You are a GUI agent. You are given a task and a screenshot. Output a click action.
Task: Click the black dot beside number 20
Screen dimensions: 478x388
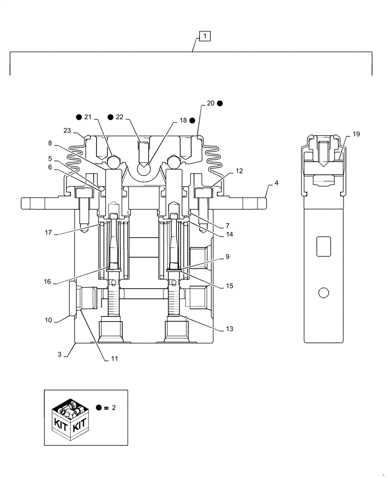pyautogui.click(x=220, y=103)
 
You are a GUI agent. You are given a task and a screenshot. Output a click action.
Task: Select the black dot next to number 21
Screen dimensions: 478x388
pyautogui.click(x=78, y=117)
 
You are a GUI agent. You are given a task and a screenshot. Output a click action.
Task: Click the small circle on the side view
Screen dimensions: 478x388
pyautogui.click(x=323, y=292)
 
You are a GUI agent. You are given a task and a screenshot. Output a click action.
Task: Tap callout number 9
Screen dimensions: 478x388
pyautogui.click(x=227, y=257)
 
